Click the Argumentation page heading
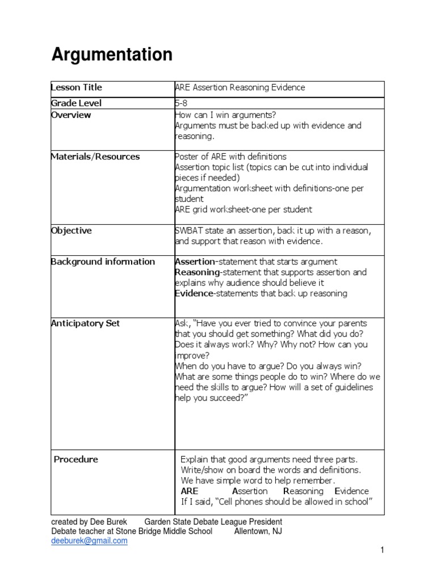coord(112,55)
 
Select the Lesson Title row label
coord(77,87)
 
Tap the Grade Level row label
coord(77,103)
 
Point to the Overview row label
coord(71,115)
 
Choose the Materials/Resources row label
coord(95,157)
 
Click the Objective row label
coord(72,230)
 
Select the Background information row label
coord(103,262)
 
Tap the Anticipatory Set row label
coord(85,323)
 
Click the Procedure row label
coord(76,459)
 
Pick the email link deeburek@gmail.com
coord(89,541)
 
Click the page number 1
coord(383,550)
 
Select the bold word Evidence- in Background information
coord(194,293)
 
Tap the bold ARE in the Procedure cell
coord(190,491)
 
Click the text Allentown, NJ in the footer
coord(258,531)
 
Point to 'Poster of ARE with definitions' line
coord(230,157)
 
